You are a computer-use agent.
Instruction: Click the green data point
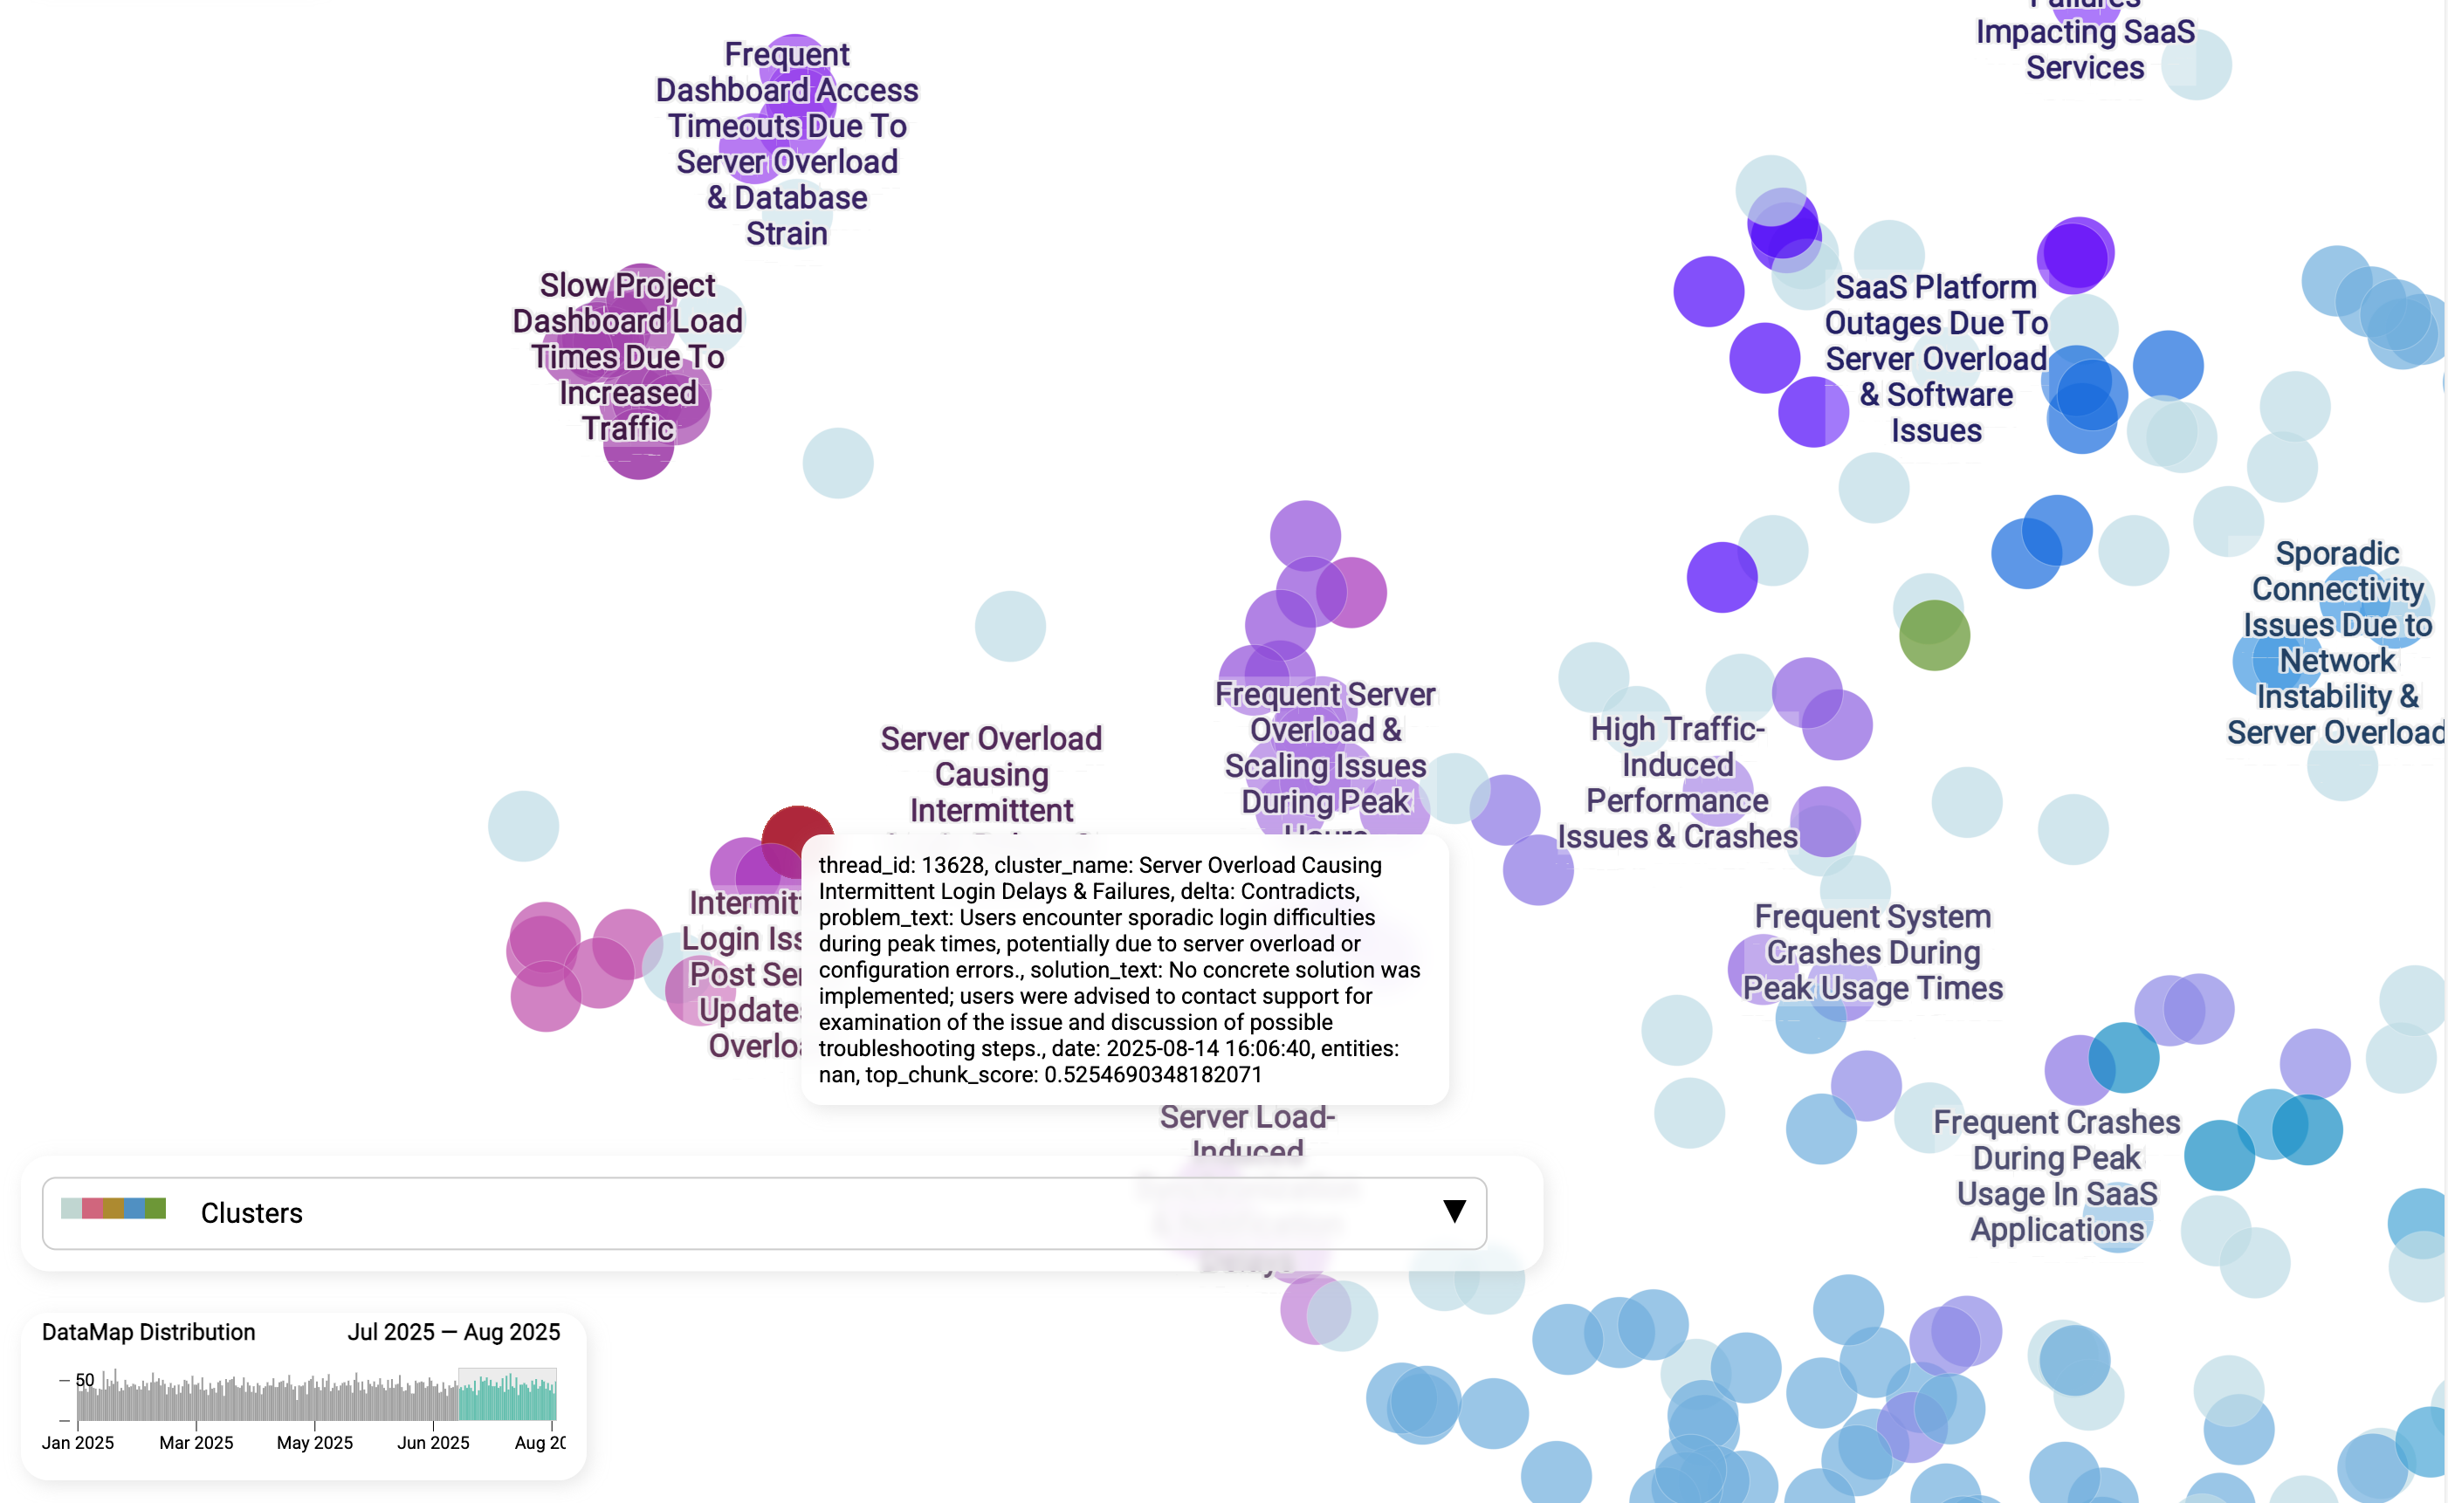[x=1933, y=635]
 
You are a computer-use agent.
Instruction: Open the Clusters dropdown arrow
[x=1454, y=1211]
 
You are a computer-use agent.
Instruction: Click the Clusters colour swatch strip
[x=113, y=1209]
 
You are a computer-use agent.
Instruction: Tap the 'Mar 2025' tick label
[x=196, y=1443]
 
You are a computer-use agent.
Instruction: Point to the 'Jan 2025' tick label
[x=78, y=1443]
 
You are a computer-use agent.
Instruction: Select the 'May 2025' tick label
[x=314, y=1443]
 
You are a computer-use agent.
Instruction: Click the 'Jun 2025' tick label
[x=432, y=1443]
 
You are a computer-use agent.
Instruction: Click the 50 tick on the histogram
[x=86, y=1380]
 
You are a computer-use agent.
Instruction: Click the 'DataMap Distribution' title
[x=148, y=1332]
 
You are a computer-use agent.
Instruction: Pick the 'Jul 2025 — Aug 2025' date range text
[x=453, y=1332]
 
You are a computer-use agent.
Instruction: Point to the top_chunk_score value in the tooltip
[x=1152, y=1074]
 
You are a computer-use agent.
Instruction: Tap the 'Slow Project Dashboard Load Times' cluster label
[x=628, y=356]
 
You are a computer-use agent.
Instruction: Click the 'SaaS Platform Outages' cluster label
[x=1935, y=358]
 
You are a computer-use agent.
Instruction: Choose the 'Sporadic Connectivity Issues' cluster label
[x=2335, y=642]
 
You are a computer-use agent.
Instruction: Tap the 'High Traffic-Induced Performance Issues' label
[x=1676, y=782]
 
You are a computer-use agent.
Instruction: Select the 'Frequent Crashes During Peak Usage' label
[x=2055, y=1175]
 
